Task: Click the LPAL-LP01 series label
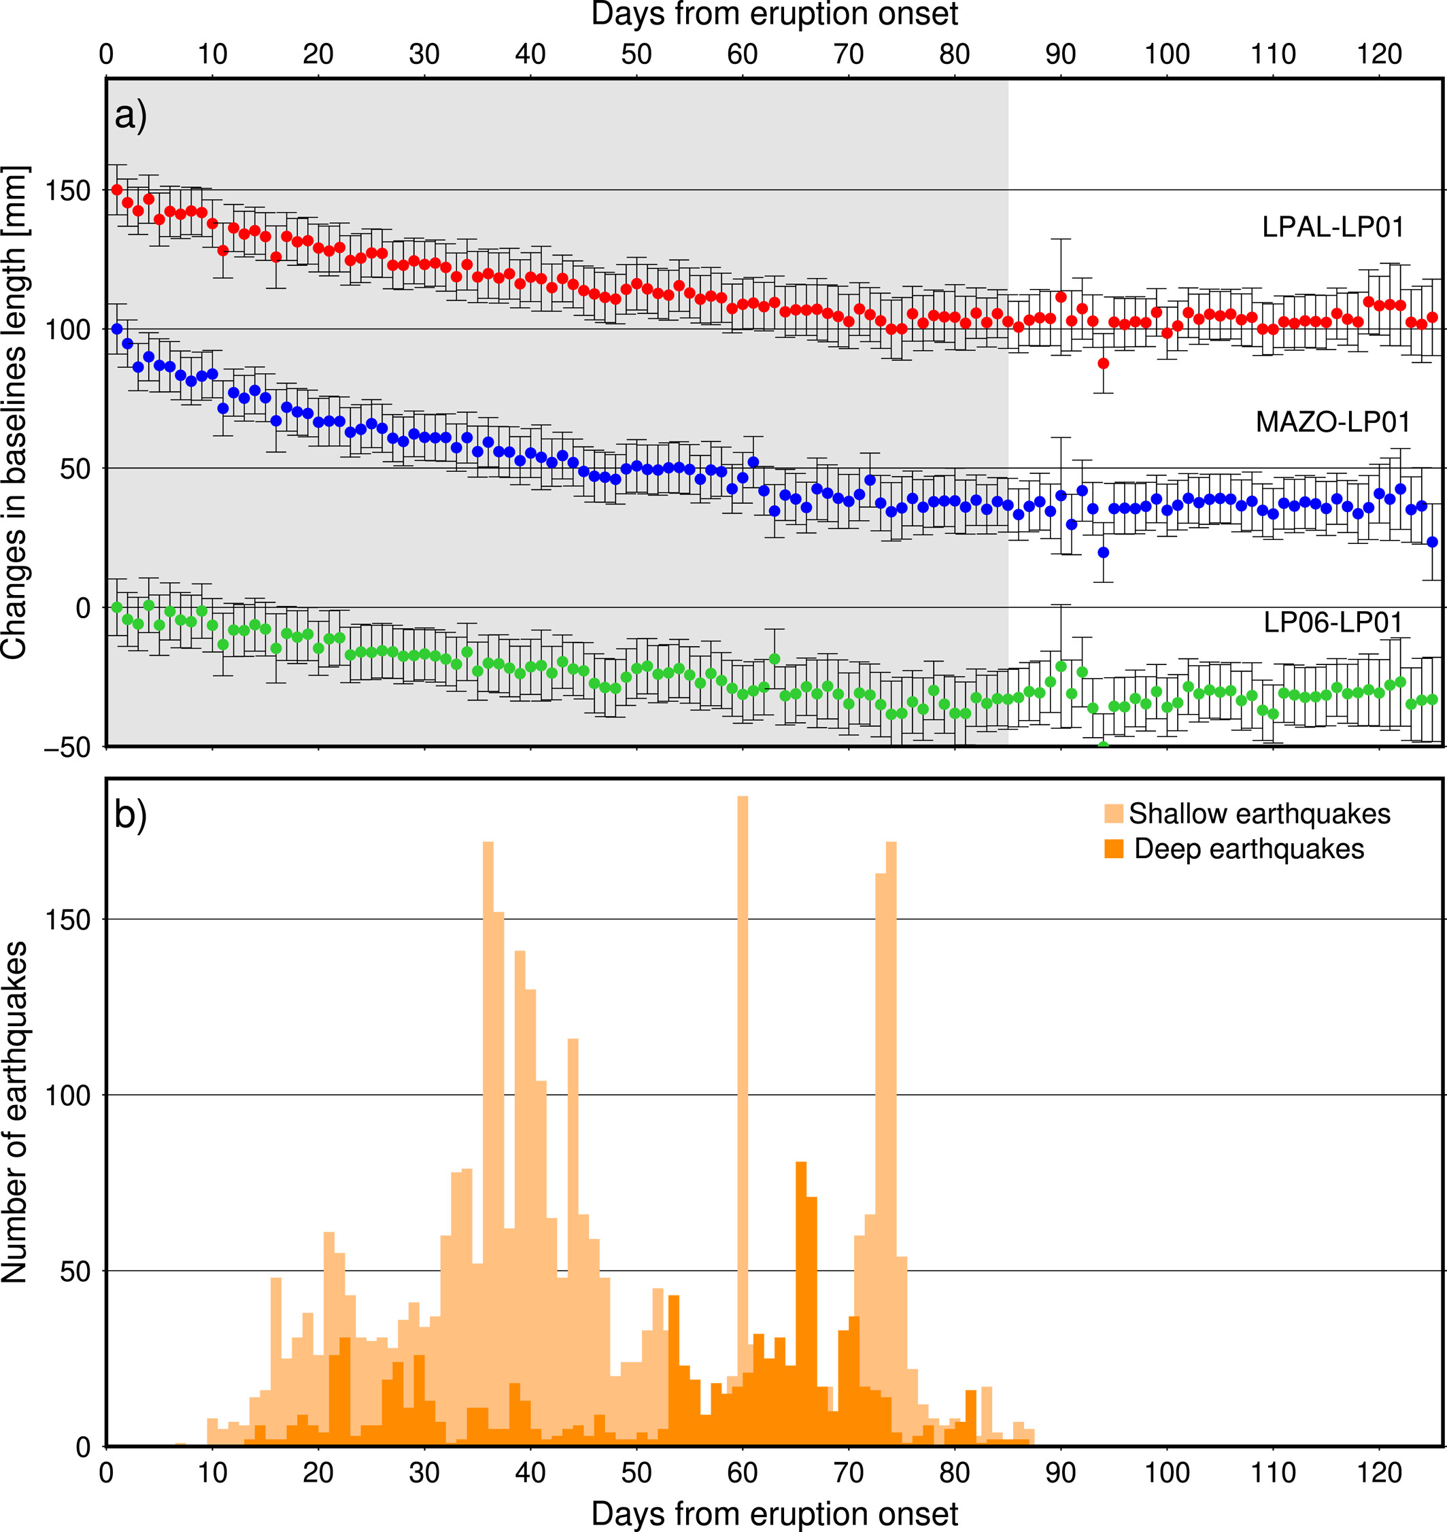coord(1333,227)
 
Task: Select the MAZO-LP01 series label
coord(1333,422)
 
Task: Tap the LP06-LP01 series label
coord(1333,622)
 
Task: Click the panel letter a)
coord(131,116)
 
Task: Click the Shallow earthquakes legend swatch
coord(1113,814)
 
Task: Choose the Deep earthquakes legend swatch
coord(1113,849)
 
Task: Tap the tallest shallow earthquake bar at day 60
coord(743,1080)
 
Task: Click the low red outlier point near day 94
coord(1103,363)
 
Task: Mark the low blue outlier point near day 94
coord(1103,552)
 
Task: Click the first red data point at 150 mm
coord(117,190)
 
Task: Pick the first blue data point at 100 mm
coord(117,328)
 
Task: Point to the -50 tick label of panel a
coord(67,747)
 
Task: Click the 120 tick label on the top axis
coord(1379,54)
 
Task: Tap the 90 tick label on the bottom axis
coord(1061,1473)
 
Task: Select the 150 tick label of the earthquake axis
coord(68,919)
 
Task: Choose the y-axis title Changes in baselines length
coord(16,412)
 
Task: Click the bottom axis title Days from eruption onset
coord(774,1514)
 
